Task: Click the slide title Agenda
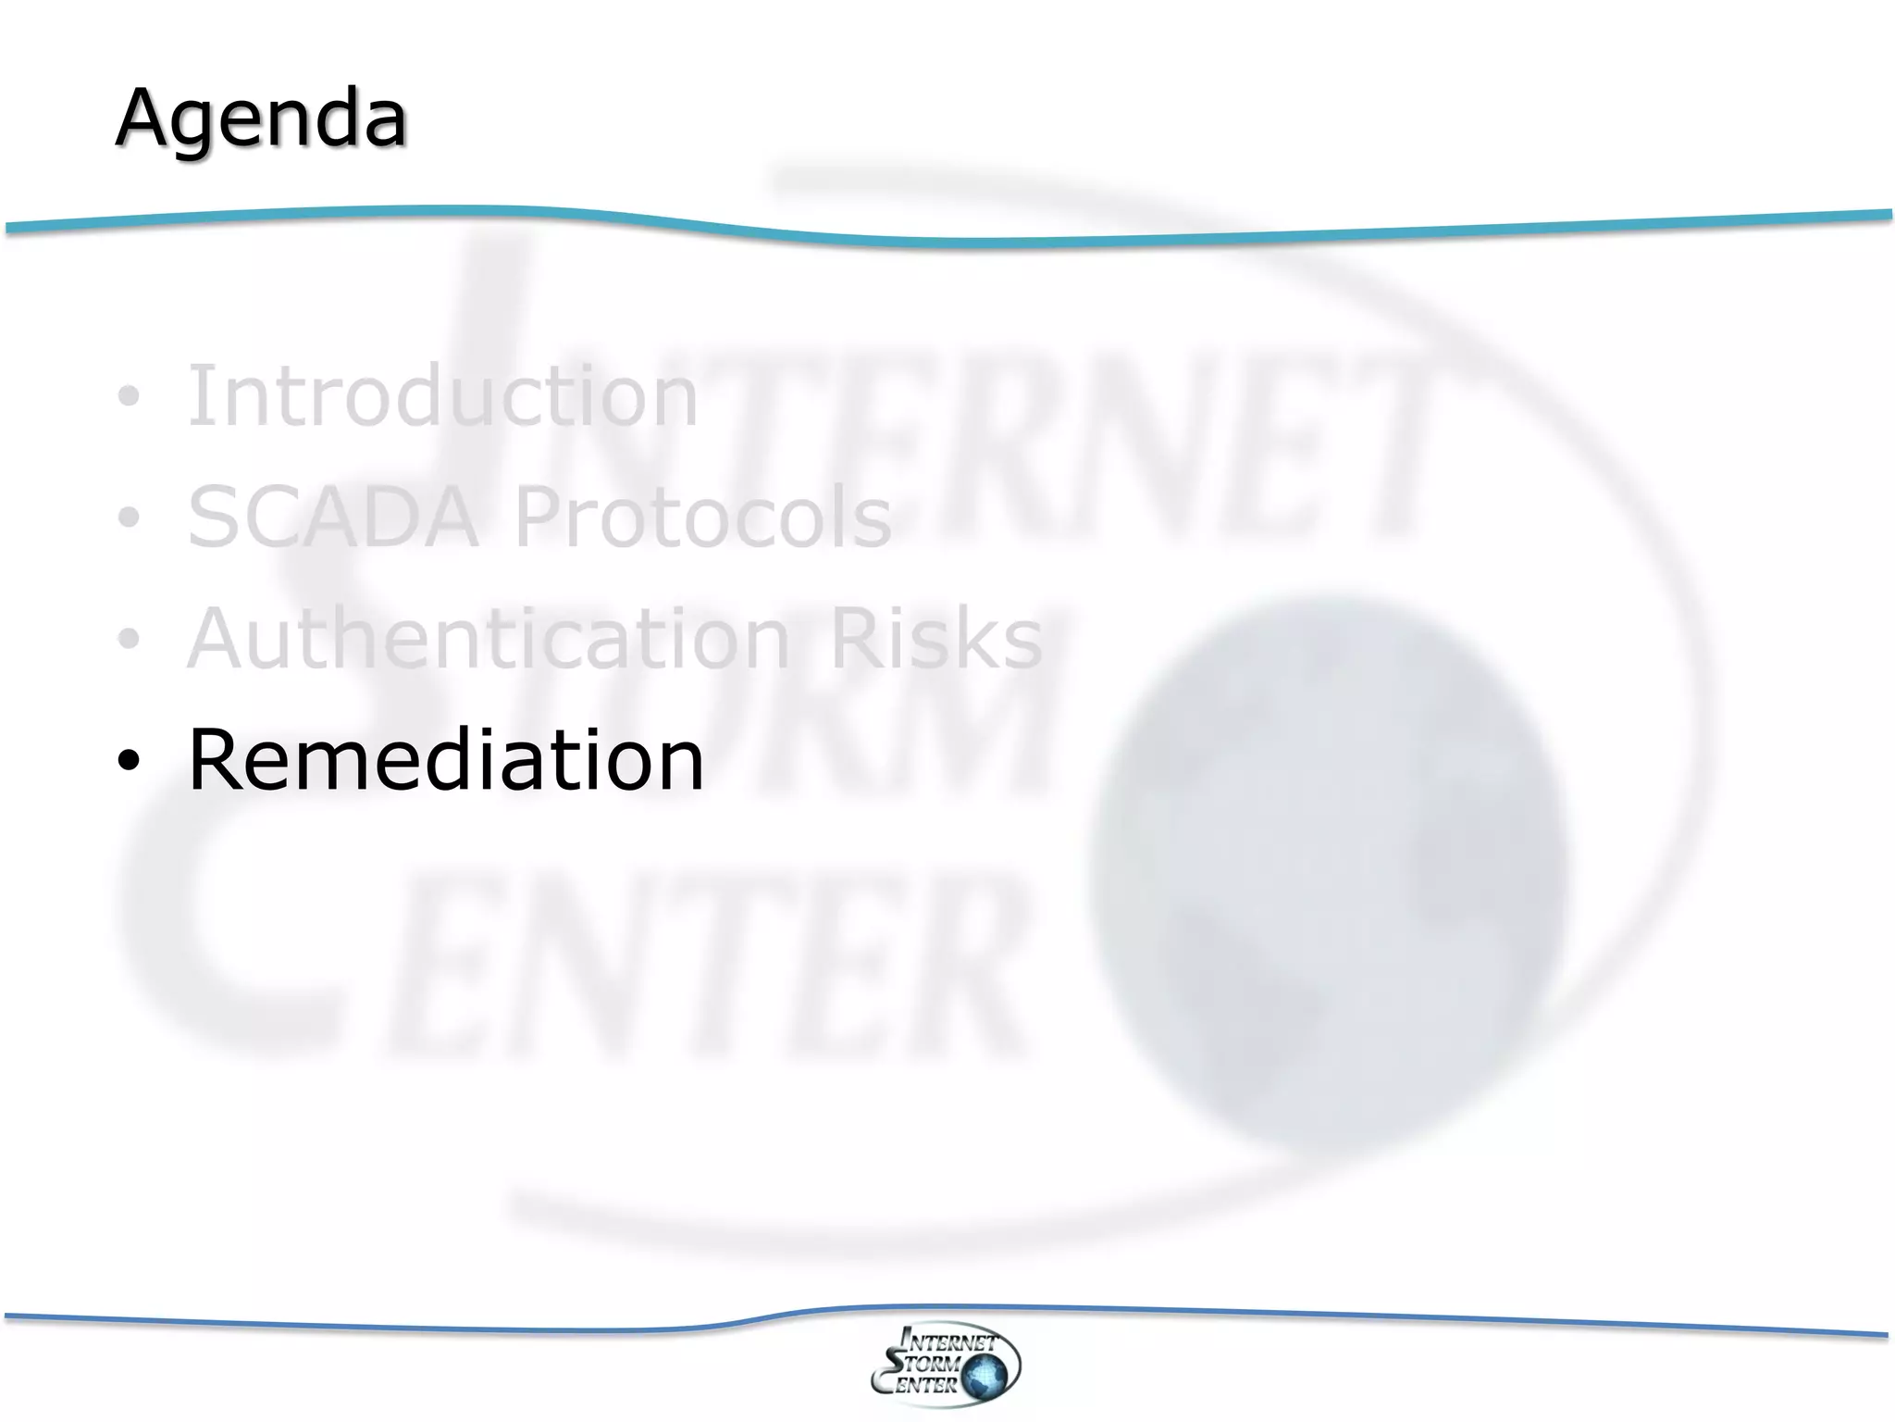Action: (x=260, y=118)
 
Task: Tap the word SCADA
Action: (x=333, y=517)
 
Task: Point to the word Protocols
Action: (x=702, y=517)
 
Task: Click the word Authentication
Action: (x=489, y=638)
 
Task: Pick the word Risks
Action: (x=936, y=638)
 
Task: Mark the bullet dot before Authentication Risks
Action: (x=129, y=639)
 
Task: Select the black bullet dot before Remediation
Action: (x=129, y=761)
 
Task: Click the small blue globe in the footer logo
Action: (x=985, y=1376)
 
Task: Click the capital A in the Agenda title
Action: (x=148, y=118)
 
